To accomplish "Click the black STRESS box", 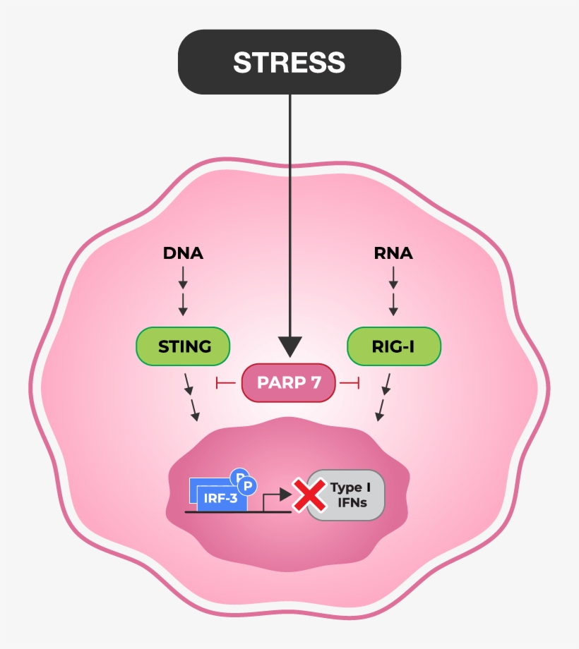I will point(289,62).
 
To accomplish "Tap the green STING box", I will point(184,346).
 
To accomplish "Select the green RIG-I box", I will point(394,346).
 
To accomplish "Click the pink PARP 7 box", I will point(289,383).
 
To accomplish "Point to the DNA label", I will point(183,253).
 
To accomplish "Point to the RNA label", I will point(393,253).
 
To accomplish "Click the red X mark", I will point(308,495).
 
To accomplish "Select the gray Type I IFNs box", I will point(346,495).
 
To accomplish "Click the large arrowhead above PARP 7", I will point(289,346).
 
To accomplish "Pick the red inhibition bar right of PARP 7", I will point(351,383).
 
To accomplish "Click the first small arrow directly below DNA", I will point(183,278).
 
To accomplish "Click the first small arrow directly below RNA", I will point(393,278).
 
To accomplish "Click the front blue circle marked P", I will point(249,486).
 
